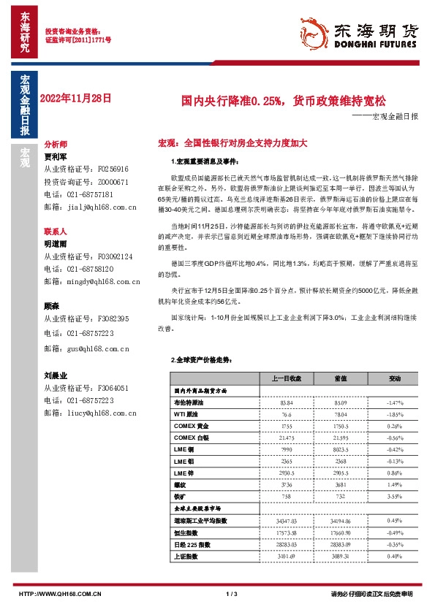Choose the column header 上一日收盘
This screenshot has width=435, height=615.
click(x=287, y=379)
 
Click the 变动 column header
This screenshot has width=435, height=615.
click(x=395, y=379)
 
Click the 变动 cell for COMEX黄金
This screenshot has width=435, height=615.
click(x=395, y=426)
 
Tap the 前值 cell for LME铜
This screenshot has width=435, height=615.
click(x=341, y=450)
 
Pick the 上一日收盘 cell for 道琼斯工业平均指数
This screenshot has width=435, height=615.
click(x=287, y=520)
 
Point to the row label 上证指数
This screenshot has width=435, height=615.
click(x=185, y=556)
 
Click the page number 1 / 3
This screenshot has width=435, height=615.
click(x=232, y=594)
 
